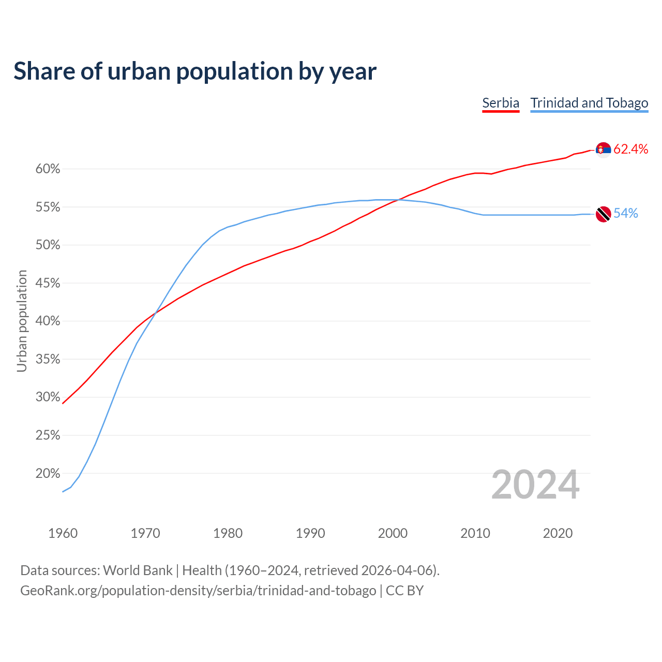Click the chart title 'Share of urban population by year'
point(195,71)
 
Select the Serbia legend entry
point(500,103)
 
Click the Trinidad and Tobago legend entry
point(589,103)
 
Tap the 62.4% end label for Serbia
point(630,149)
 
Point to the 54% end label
point(625,214)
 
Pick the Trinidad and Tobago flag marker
point(603,214)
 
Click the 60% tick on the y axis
point(48,169)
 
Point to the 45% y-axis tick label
point(48,283)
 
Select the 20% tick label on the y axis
point(48,474)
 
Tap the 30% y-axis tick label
point(48,397)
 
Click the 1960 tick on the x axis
point(63,533)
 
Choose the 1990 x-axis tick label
point(310,533)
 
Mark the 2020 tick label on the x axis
point(558,533)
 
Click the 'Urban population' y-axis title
point(22,321)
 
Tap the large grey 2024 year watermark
point(535,485)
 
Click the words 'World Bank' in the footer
point(138,570)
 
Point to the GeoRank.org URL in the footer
point(198,591)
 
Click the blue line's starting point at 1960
point(63,491)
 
